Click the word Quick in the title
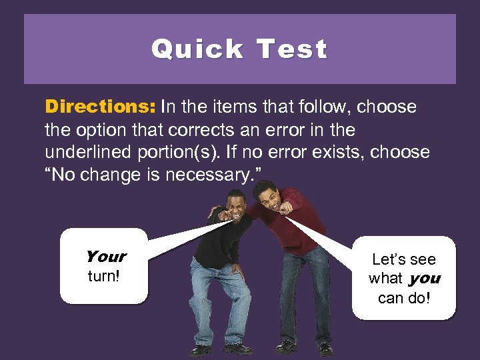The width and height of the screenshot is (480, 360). pyautogui.click(x=197, y=49)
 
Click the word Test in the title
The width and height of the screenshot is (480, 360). pyautogui.click(x=291, y=49)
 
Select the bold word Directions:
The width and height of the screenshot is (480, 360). pyautogui.click(x=100, y=107)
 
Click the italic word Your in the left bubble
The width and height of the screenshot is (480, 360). pyautogui.click(x=105, y=257)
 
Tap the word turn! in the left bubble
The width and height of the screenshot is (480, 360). pyautogui.click(x=104, y=275)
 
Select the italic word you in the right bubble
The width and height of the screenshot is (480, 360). pyautogui.click(x=425, y=279)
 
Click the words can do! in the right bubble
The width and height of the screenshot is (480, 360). pyautogui.click(x=404, y=297)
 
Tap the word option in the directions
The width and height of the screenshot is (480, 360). pyautogui.click(x=96, y=129)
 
